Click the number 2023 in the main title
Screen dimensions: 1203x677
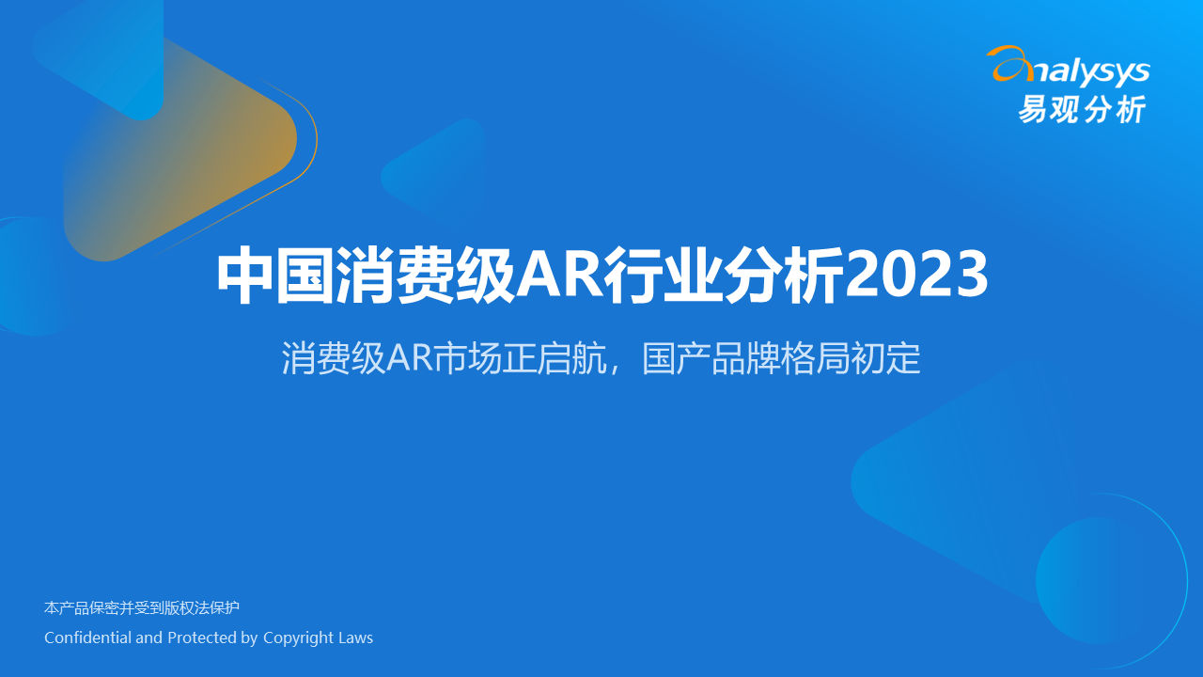916,274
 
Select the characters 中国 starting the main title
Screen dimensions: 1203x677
276,276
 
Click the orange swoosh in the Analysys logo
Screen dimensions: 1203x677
1009,63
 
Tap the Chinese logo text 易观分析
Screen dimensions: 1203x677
1083,109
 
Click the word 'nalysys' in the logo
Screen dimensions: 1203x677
1091,71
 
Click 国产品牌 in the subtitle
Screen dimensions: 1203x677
711,358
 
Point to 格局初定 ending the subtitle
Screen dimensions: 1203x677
851,358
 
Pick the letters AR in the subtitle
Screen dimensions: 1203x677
409,358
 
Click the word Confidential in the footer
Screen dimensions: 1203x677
87,638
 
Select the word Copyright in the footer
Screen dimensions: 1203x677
298,638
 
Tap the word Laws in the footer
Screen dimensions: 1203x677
355,638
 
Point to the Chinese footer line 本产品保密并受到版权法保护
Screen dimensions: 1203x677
142,607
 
